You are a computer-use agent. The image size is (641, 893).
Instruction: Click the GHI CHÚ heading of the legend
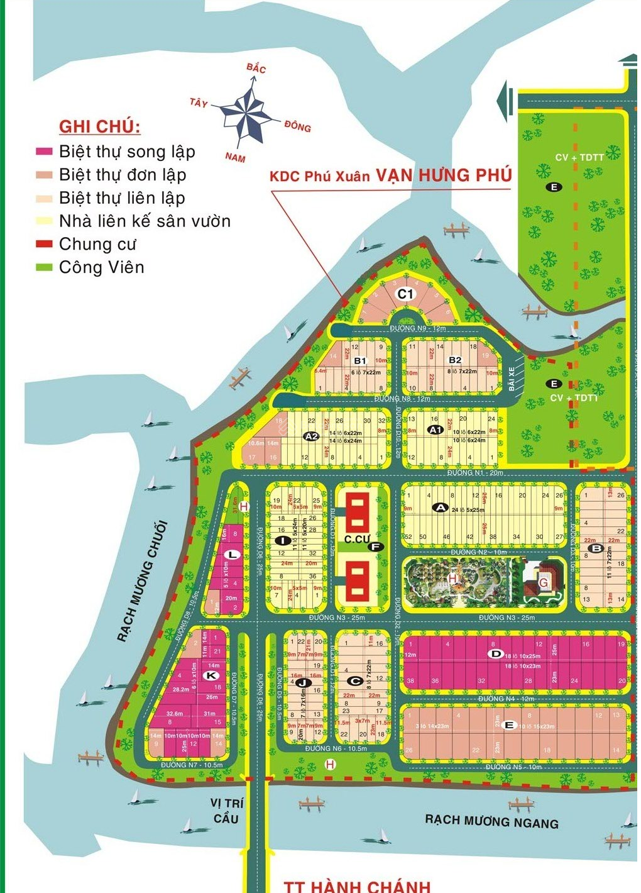coord(99,126)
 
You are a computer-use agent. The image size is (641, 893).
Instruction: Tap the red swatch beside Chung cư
coord(44,244)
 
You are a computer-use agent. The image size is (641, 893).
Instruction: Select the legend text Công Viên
coord(101,267)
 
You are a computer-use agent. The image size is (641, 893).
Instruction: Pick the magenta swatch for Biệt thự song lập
coord(44,152)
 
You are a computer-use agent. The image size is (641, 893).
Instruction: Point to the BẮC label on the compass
coord(256,68)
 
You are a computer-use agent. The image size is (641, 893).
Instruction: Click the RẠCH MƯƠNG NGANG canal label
coord(491,821)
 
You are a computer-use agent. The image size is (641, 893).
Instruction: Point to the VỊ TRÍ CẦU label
coord(226,811)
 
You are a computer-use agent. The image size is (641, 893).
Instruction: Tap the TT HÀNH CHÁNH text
coord(357,885)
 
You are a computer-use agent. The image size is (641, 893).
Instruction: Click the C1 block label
coord(406,294)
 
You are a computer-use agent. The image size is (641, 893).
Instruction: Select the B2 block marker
coord(455,360)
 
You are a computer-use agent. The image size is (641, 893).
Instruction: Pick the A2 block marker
coord(311,436)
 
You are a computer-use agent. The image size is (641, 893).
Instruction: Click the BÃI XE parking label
coord(512,378)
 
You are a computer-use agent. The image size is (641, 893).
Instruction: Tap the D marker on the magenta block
coord(496,654)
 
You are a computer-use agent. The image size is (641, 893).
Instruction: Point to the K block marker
coord(212,675)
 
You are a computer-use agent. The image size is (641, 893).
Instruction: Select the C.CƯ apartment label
coord(357,539)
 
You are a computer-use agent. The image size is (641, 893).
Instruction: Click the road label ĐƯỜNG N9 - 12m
coord(417,328)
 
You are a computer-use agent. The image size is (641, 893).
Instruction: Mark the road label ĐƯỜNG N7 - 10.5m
coord(192,765)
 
